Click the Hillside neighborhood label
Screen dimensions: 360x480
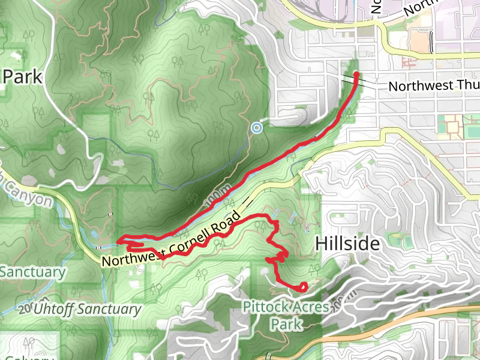[347, 244]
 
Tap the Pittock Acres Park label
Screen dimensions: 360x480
[286, 316]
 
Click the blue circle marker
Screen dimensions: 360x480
[257, 127]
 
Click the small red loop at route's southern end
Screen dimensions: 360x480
[302, 287]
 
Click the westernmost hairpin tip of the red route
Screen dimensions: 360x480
[119, 241]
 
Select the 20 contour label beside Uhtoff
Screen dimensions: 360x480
[24, 310]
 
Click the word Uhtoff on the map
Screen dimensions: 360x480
[56, 310]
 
